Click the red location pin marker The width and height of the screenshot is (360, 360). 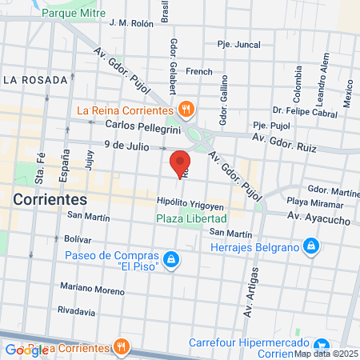tap(181, 162)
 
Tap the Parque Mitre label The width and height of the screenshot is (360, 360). tap(74, 14)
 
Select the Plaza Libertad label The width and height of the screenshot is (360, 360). tap(191, 218)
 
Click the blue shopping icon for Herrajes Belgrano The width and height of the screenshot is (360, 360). tap(312, 245)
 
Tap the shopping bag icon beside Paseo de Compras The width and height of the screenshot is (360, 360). tap(170, 258)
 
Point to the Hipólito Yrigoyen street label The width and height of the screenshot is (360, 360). tap(191, 203)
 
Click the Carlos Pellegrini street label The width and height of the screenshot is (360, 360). tap(139, 125)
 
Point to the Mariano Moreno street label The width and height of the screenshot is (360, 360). tap(93, 289)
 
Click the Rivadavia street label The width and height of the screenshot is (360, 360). tap(82, 310)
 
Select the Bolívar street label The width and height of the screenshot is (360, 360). tap(78, 239)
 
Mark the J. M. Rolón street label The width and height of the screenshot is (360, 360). tap(130, 23)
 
